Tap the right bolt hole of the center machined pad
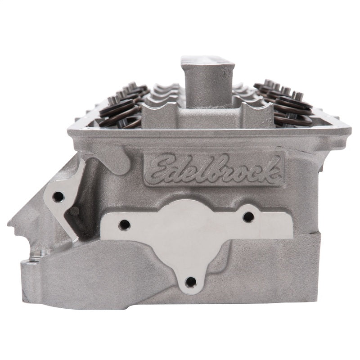(x=248, y=217)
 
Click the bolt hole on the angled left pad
(x=58, y=196)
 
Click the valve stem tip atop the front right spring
(x=297, y=95)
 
